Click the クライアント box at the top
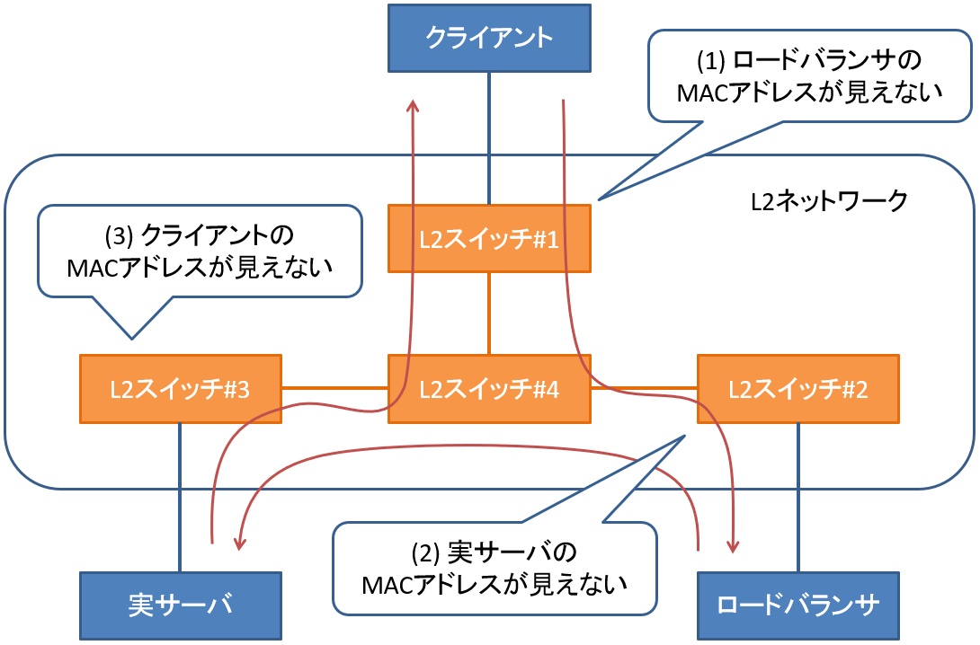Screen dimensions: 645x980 (489, 38)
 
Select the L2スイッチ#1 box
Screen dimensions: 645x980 (489, 238)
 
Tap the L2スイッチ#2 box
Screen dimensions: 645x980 (797, 389)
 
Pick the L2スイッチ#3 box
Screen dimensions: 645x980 (180, 389)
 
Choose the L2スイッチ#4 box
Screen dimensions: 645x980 (489, 389)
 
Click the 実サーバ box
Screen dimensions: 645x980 (180, 605)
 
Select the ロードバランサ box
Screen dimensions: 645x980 (797, 605)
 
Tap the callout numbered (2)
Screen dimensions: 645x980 (494, 568)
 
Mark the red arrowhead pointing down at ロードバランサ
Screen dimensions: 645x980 (734, 546)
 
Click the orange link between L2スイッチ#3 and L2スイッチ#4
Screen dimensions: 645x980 (334, 388)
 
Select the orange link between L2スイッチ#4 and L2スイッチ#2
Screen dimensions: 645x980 (644, 388)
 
